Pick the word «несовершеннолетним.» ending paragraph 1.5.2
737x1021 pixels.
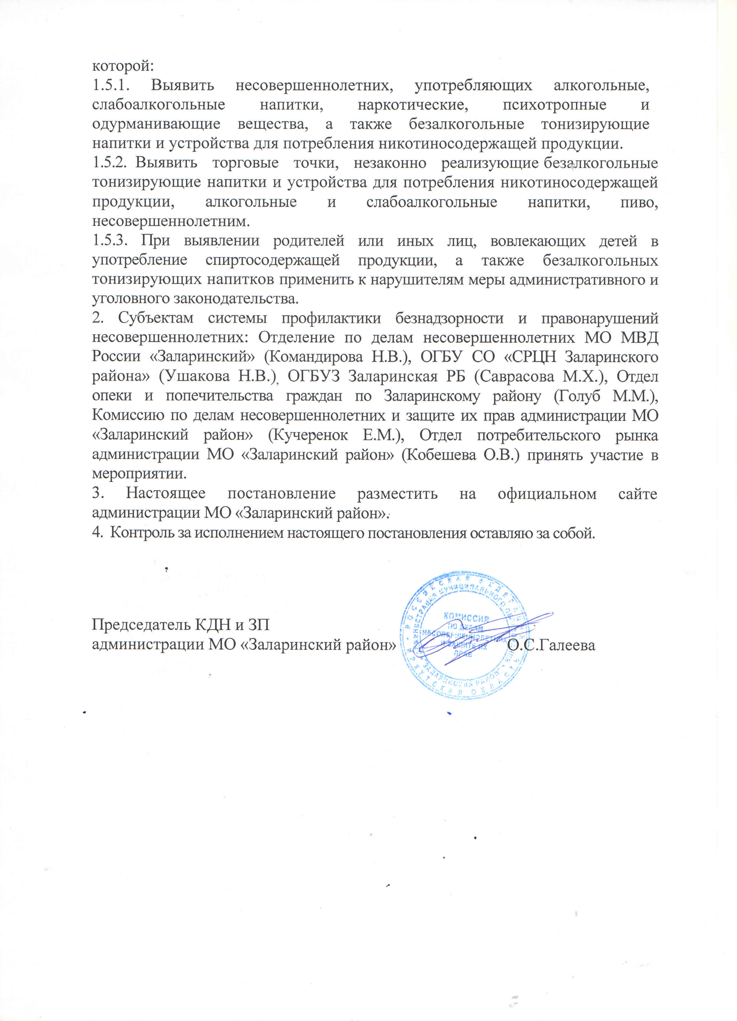tap(171, 221)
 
